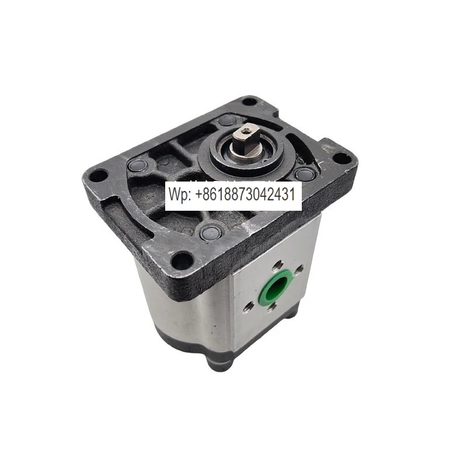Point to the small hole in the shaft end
tap(246, 130)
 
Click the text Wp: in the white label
tap(180, 194)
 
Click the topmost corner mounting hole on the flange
tap(250, 102)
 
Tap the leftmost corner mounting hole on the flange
tap(98, 176)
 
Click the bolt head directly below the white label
tap(210, 233)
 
